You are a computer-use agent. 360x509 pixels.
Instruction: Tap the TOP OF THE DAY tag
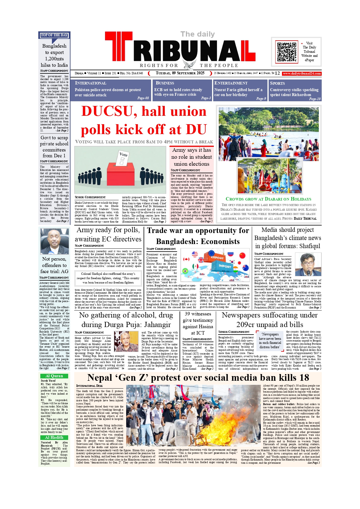[x=54, y=35]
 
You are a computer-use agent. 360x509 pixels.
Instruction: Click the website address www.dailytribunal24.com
[x=302, y=73]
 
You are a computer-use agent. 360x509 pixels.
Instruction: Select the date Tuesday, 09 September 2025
[x=180, y=73]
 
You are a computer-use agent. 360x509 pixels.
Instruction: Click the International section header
[x=91, y=83]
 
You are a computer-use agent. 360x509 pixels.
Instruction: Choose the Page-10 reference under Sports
[x=315, y=99]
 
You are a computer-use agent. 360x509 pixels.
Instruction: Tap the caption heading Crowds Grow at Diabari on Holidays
[x=268, y=199]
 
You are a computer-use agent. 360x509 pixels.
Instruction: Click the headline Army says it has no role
[x=191, y=157]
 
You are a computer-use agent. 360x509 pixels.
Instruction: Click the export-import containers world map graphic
[x=215, y=265]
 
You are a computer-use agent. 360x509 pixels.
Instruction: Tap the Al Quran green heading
[x=54, y=376]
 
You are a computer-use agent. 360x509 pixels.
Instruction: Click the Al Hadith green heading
[x=54, y=437]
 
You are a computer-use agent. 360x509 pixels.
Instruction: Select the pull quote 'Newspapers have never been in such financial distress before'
[x=270, y=341]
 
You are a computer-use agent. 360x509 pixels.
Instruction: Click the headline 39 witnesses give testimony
[x=198, y=323]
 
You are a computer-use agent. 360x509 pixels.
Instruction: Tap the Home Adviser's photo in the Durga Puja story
[x=126, y=342]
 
